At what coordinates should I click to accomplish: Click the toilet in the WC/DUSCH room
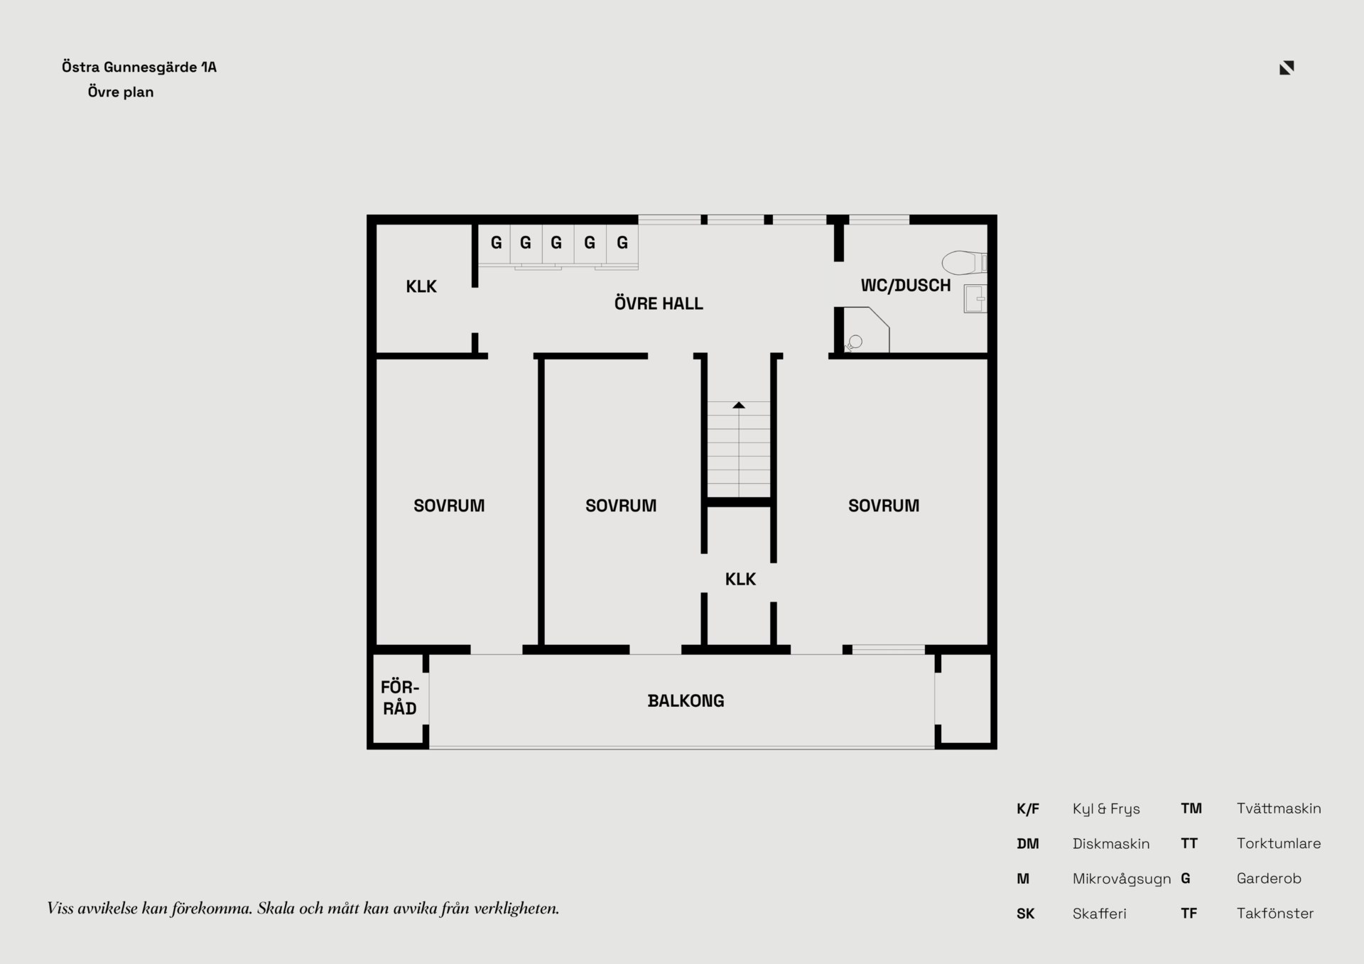[964, 263]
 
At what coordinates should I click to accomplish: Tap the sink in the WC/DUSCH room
[975, 299]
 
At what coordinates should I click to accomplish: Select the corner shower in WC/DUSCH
[866, 330]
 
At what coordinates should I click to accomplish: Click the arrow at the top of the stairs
[739, 405]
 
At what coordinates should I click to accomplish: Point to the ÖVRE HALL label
[659, 304]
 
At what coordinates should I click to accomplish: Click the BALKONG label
[686, 701]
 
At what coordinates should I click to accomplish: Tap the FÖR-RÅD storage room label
[400, 698]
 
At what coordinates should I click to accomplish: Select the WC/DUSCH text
[906, 286]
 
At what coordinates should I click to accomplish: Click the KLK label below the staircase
[740, 580]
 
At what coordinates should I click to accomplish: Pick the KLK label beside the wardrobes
[421, 287]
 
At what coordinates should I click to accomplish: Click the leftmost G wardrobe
[496, 244]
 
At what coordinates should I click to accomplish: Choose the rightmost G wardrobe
[622, 244]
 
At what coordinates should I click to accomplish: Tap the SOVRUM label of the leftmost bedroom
[449, 506]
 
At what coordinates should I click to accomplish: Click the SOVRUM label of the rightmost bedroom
[884, 506]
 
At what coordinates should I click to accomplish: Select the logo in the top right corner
[1287, 67]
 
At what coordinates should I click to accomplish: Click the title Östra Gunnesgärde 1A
[139, 67]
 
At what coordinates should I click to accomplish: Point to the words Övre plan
[121, 92]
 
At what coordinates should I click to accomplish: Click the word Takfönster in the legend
[1275, 914]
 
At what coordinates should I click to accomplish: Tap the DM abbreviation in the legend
[1028, 844]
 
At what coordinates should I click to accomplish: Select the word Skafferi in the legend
[1100, 914]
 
